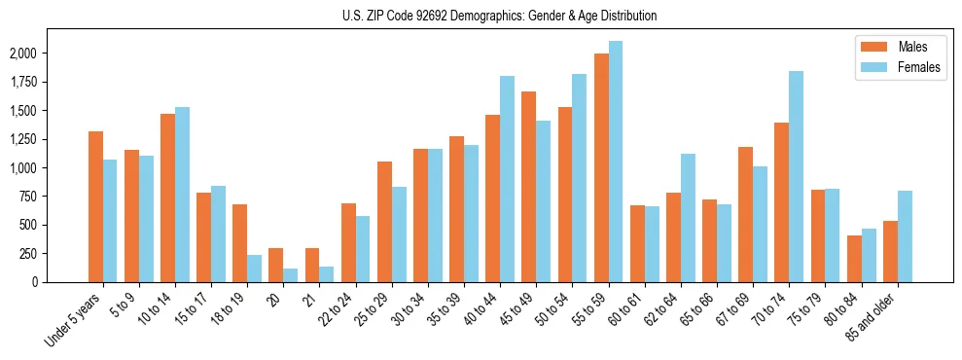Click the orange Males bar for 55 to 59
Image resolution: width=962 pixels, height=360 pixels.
[601, 167]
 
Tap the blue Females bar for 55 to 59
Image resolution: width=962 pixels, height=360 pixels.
[616, 162]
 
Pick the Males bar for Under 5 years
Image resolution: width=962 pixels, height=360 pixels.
[95, 206]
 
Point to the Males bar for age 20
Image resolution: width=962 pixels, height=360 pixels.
[275, 265]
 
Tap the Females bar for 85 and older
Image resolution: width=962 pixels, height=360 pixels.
[905, 236]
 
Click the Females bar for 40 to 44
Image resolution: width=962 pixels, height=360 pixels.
[507, 179]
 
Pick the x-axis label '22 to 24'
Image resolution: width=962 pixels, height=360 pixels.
[336, 311]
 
